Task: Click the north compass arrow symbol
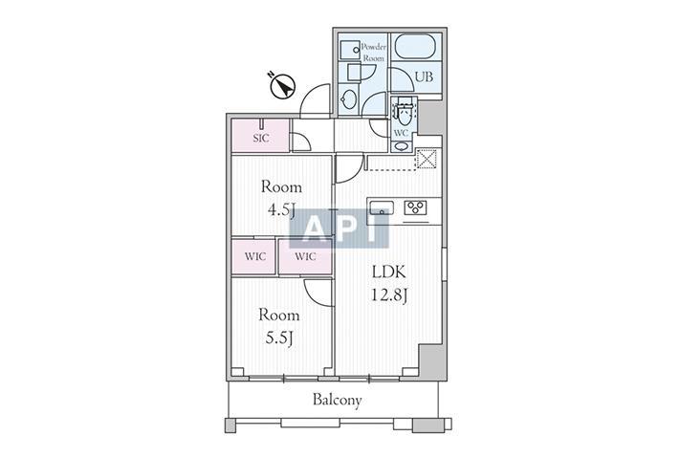[282, 87]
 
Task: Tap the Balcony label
[338, 400]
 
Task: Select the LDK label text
[389, 272]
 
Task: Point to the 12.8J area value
[389, 295]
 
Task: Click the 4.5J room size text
[281, 210]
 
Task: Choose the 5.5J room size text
[280, 338]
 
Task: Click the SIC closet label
[261, 138]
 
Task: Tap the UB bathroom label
[424, 77]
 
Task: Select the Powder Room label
[373, 53]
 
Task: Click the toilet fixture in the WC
[405, 112]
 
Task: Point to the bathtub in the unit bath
[416, 46]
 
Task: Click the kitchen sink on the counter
[381, 207]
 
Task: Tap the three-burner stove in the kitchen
[416, 207]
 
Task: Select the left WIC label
[255, 256]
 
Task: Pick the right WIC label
[305, 256]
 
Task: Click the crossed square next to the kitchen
[427, 159]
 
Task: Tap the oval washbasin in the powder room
[348, 100]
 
